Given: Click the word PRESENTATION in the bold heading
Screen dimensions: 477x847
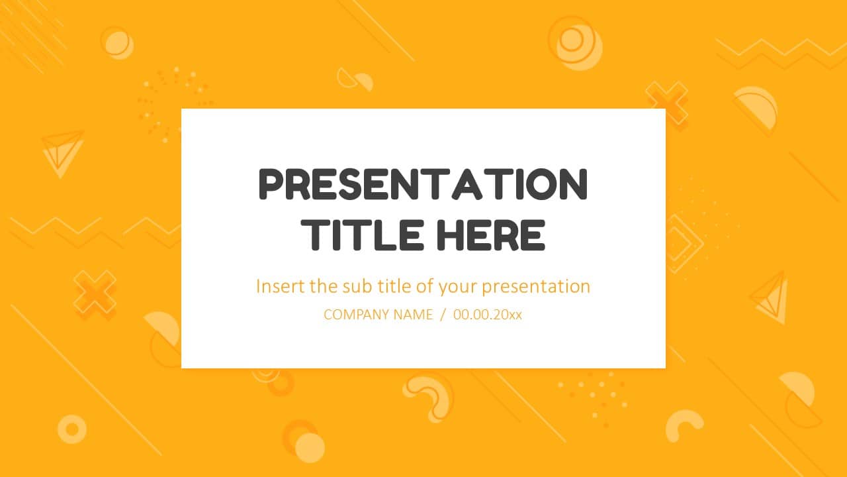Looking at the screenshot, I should pos(423,185).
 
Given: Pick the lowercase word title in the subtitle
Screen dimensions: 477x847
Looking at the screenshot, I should pos(393,286).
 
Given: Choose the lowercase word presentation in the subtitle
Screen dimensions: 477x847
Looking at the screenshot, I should pos(535,288).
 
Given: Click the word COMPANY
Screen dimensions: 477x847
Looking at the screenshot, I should pos(357,315).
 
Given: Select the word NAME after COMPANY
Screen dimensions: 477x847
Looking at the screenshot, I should pos(413,315).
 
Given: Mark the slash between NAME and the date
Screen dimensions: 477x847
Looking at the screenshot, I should pos(443,315).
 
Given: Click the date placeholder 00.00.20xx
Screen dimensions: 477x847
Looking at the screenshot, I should pos(488,315).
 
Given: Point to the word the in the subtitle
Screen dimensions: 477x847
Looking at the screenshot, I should pos(324,286).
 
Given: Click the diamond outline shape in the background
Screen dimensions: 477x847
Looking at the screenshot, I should pos(682,244).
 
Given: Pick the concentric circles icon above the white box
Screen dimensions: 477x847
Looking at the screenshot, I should pos(574,42).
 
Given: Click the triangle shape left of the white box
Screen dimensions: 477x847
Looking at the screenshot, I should pos(62,150).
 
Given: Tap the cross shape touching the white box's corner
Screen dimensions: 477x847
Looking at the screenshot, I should pos(667,103).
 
